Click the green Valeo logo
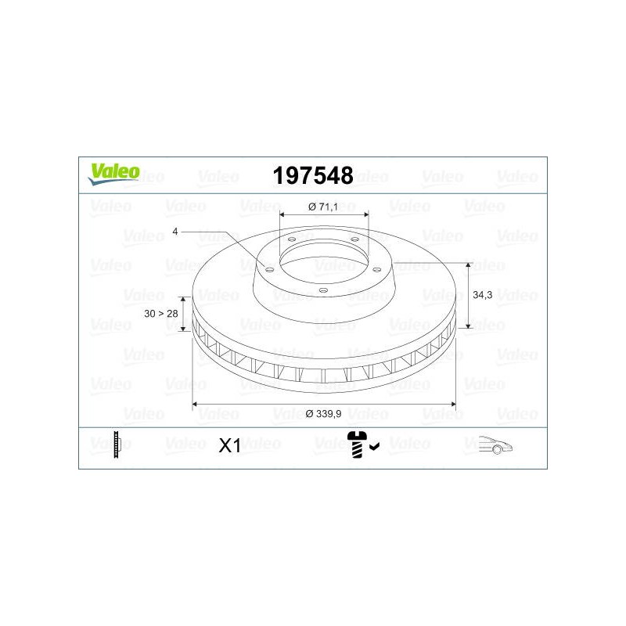pos(114,174)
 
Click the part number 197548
pos(313,175)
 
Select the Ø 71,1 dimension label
pos(323,207)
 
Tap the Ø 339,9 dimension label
pos(323,414)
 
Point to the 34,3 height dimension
pos(482,295)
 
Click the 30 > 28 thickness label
pos(161,314)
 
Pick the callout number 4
pos(174,231)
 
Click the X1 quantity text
pos(229,445)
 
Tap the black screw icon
pos(357,444)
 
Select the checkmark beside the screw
pos(375,447)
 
